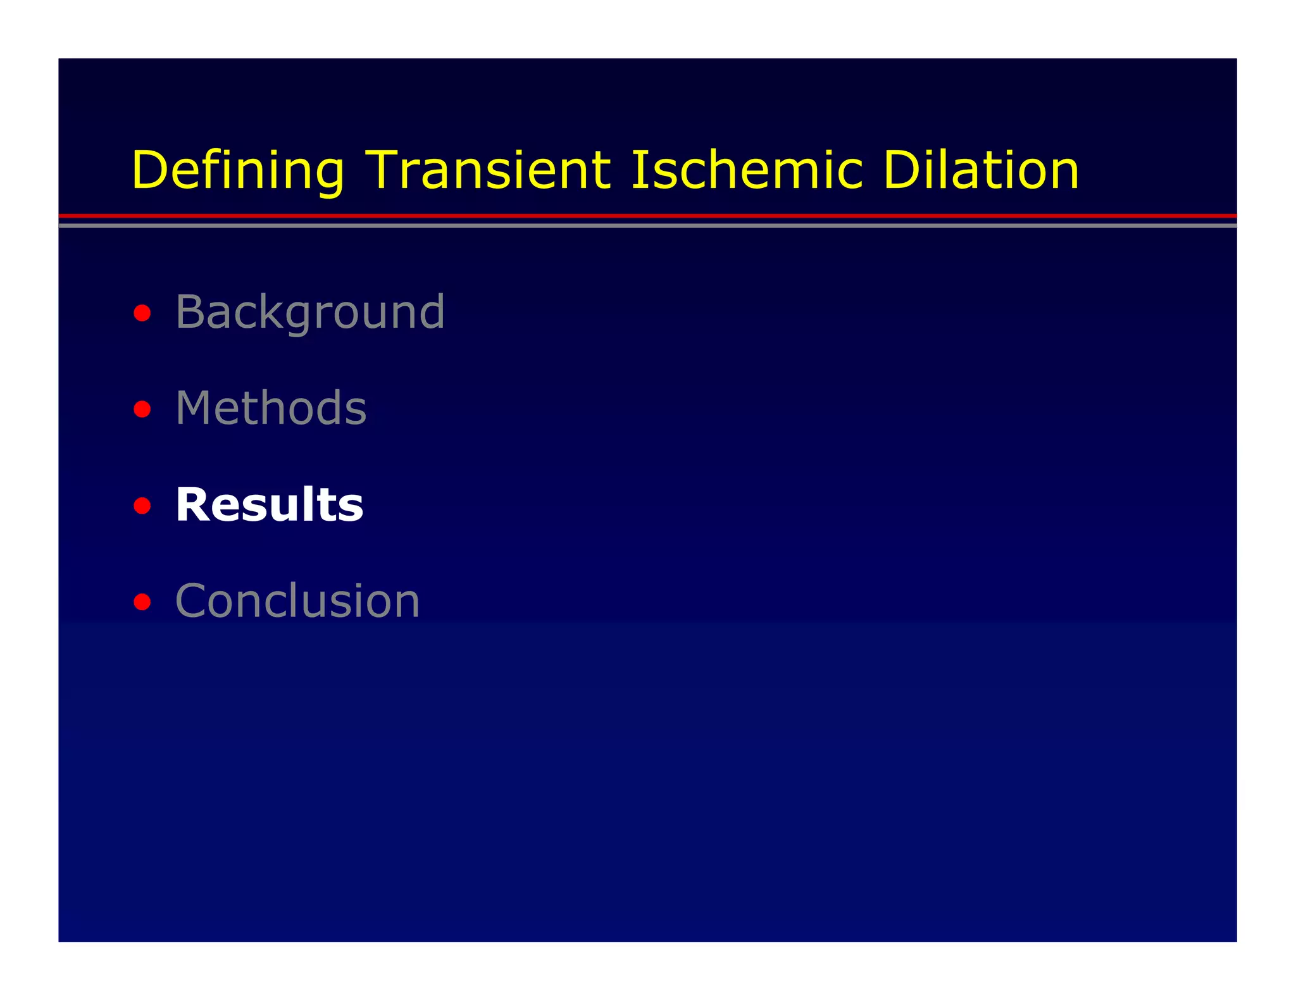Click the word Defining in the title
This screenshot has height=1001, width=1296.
238,171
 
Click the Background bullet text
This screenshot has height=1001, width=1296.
309,312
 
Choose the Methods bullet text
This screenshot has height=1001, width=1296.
271,408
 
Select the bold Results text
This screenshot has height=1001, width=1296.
269,505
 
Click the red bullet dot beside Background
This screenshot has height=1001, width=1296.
142,313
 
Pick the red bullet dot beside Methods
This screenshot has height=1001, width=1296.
142,409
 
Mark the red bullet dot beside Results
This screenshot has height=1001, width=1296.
142,506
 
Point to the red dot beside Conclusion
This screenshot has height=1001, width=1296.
142,602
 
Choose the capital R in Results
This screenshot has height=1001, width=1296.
192,505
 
